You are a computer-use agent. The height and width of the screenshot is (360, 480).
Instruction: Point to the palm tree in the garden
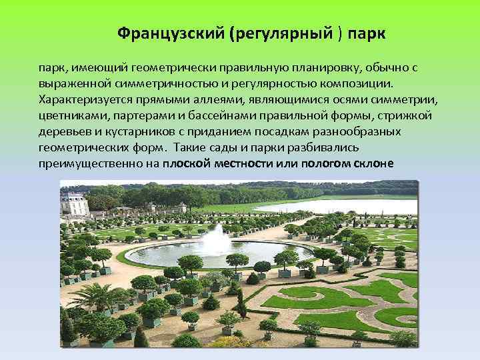pos(100,297)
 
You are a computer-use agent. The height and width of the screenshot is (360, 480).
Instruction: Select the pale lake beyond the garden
pos(333,207)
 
